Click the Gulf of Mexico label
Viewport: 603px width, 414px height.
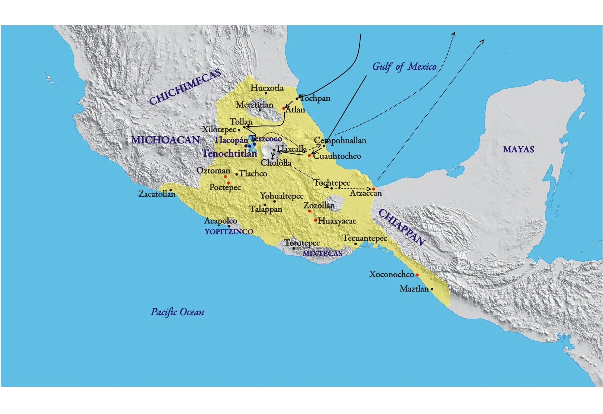click(x=404, y=67)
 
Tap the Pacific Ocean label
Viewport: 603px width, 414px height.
click(x=177, y=312)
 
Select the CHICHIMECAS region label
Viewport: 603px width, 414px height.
click(x=185, y=87)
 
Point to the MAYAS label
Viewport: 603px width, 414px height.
click(x=519, y=149)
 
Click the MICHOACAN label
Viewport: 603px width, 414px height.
click(x=165, y=140)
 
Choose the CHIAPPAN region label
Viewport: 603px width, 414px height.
click(x=402, y=227)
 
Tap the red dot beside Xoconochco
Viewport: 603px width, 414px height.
click(x=417, y=275)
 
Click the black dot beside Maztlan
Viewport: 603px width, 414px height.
click(x=432, y=289)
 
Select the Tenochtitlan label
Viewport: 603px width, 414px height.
click(x=229, y=153)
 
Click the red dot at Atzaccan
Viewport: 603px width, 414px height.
click(x=374, y=189)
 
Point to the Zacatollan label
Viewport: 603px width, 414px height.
click(x=157, y=194)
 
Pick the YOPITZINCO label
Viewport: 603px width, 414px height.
click(x=229, y=232)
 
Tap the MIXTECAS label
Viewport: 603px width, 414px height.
click(x=322, y=254)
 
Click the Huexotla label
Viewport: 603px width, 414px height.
click(x=267, y=88)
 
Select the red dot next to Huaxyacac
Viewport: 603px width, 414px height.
click(x=316, y=220)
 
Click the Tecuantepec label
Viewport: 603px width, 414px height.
click(x=364, y=238)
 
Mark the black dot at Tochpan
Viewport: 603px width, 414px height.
click(x=297, y=99)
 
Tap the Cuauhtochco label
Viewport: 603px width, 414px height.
click(x=337, y=156)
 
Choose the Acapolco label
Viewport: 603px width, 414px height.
click(x=220, y=221)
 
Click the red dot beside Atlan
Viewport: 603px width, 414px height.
click(x=284, y=108)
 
